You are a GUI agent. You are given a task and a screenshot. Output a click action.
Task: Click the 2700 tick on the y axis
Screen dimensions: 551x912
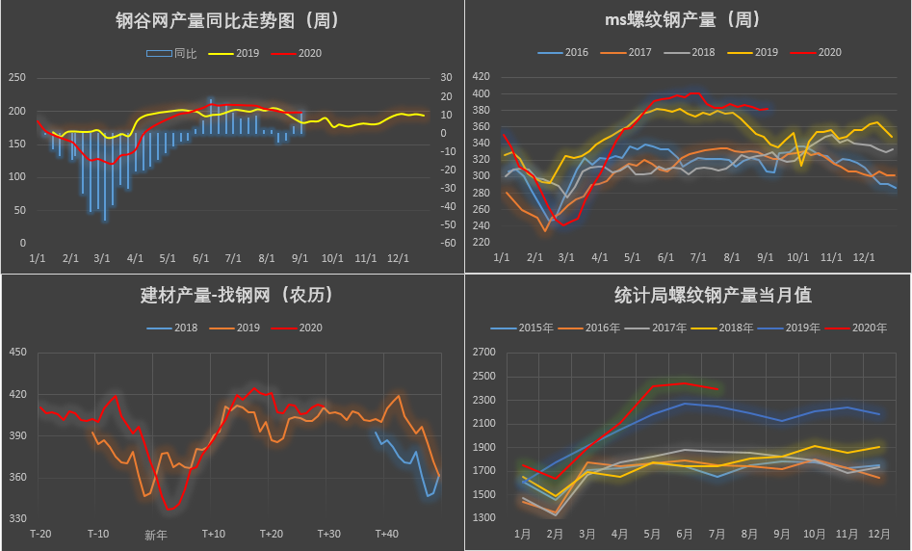pyautogui.click(x=482, y=353)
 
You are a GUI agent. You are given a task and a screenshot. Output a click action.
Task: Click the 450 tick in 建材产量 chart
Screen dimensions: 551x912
pyautogui.click(x=17, y=353)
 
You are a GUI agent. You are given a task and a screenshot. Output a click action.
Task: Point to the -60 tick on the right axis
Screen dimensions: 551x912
pyautogui.click(x=448, y=243)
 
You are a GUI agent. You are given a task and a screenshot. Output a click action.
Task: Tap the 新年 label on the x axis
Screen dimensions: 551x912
pyautogui.click(x=155, y=535)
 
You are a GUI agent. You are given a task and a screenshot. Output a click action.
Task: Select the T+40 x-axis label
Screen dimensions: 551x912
pyautogui.click(x=386, y=534)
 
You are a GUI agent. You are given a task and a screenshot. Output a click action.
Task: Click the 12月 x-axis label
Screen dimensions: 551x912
pyautogui.click(x=877, y=533)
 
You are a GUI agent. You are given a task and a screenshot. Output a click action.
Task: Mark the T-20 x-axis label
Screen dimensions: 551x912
pyautogui.click(x=40, y=534)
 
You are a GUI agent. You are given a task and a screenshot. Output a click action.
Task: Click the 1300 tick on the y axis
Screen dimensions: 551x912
pyautogui.click(x=482, y=518)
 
